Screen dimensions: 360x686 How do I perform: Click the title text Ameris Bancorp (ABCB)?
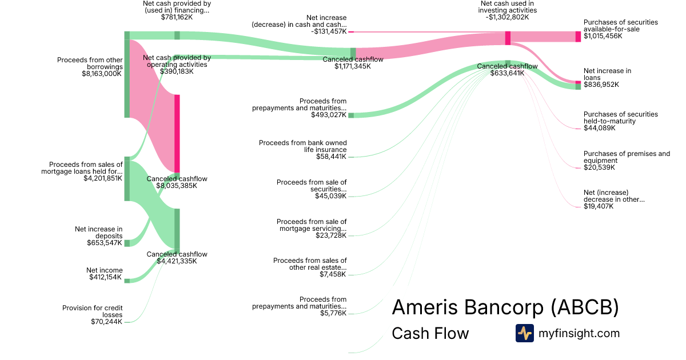[x=505, y=308]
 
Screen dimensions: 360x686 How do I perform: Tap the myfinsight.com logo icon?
[x=524, y=333]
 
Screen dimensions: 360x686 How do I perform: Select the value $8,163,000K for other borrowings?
[x=102, y=74]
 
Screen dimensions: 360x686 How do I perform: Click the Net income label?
[x=104, y=270]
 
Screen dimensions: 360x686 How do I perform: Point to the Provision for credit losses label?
[x=92, y=311]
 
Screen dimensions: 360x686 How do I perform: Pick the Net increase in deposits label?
[x=98, y=233]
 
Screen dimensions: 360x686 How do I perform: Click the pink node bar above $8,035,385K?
[x=177, y=133]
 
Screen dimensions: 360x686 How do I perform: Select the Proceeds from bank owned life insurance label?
[x=302, y=146]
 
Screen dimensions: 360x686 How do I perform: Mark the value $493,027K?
[x=329, y=115]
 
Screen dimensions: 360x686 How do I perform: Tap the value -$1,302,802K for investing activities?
[x=507, y=17]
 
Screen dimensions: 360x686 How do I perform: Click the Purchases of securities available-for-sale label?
[x=620, y=26]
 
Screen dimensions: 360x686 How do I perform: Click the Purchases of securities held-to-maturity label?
[x=620, y=118]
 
